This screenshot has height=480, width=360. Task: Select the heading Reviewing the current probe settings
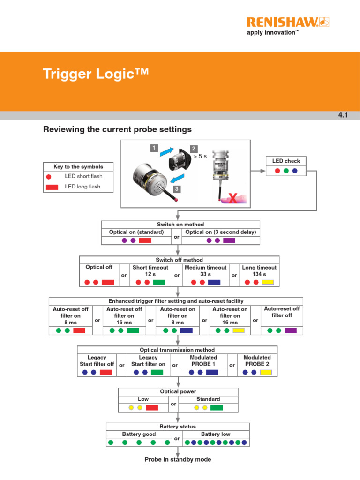coord(117,129)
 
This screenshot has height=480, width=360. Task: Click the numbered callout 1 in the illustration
coord(153,148)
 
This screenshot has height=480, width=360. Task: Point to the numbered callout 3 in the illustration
coord(177,189)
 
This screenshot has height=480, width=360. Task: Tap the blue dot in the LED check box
coord(294,171)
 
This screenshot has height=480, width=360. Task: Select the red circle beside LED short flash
coord(49,176)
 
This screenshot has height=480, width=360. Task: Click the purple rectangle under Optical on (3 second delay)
coord(229,240)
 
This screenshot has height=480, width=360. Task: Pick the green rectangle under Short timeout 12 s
coord(159,283)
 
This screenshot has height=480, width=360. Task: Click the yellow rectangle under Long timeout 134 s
coord(268,283)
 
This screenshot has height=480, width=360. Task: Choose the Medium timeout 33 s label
coord(205,271)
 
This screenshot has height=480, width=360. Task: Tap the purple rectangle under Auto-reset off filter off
coord(291,330)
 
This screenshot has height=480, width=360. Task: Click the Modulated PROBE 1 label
coord(203,360)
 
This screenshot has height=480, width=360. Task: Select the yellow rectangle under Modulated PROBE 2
coord(266,372)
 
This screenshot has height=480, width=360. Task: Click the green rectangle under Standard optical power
coord(216,408)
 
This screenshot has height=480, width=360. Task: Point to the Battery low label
coord(216,434)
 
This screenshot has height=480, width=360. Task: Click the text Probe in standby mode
coord(178,459)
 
